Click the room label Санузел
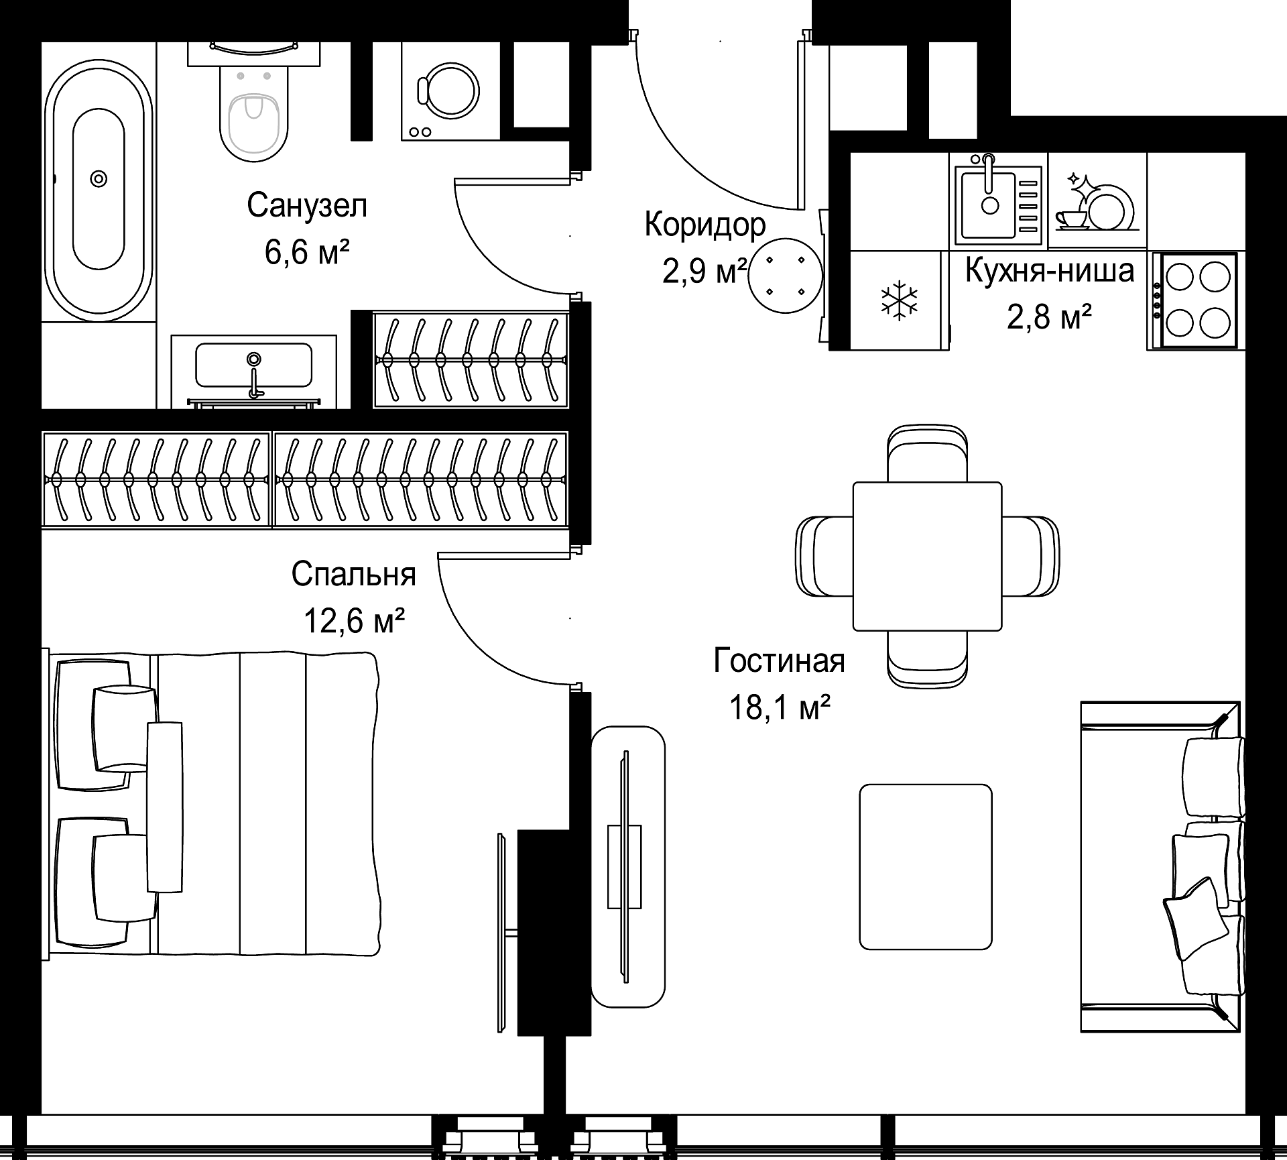click(x=307, y=205)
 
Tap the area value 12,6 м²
click(x=354, y=621)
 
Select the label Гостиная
click(x=779, y=660)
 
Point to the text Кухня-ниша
click(x=1050, y=271)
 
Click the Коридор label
click(x=705, y=225)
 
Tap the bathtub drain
click(x=99, y=178)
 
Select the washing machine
click(x=450, y=91)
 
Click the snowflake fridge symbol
click(x=900, y=300)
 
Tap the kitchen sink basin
click(x=990, y=203)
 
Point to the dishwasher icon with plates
click(x=1097, y=200)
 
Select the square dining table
click(x=928, y=556)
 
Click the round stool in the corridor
click(x=785, y=276)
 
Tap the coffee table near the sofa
click(x=926, y=867)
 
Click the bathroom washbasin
click(x=254, y=366)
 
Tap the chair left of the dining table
click(x=824, y=556)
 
